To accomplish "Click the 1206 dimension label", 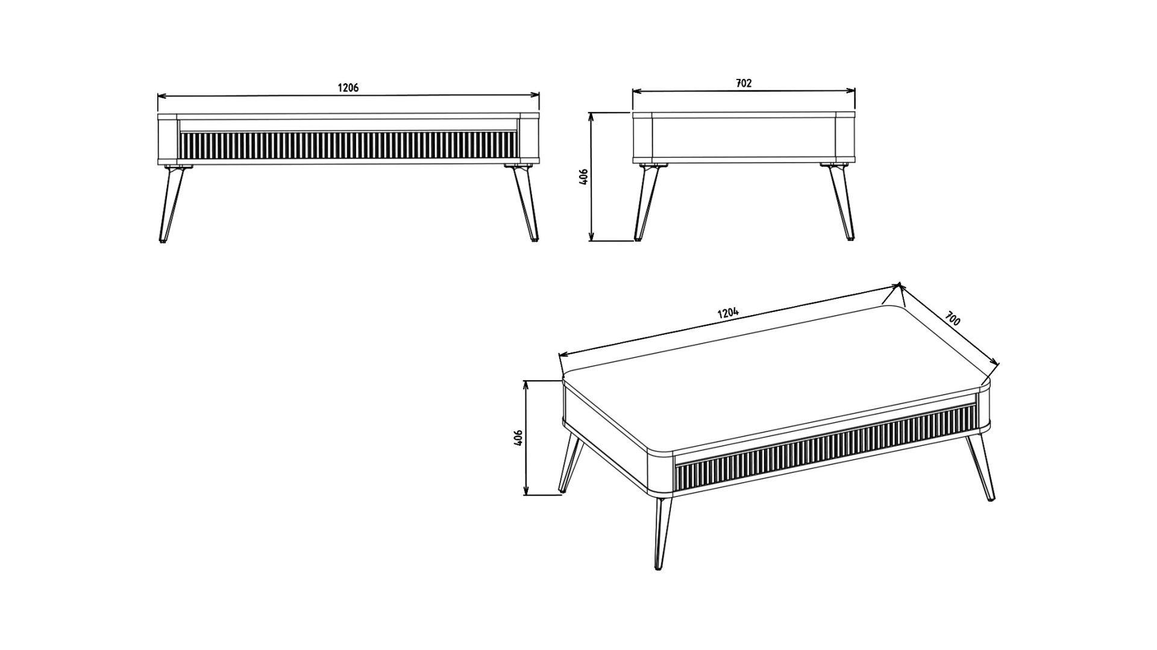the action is [348, 88].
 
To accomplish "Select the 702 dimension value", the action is [744, 84].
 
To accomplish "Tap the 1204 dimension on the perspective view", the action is [728, 313].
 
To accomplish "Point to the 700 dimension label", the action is [952, 318].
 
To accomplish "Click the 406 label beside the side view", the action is [583, 176].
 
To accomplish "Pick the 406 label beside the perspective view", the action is [518, 437].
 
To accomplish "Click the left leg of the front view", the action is [171, 204].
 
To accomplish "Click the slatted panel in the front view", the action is [349, 147].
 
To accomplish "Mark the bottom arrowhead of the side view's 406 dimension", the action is [592, 236].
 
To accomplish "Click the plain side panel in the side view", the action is [744, 137].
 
